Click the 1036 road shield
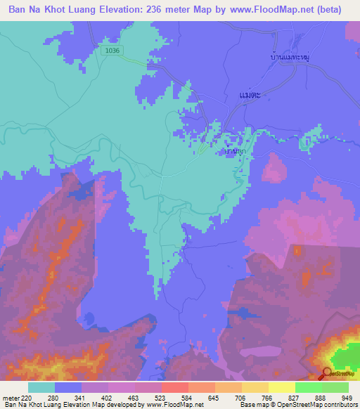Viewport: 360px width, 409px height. (110, 51)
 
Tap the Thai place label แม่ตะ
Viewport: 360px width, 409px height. (250, 93)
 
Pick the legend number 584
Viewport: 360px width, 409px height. (174, 397)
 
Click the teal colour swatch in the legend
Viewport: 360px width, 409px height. (41, 387)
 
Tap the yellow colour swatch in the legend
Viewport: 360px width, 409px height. (281, 387)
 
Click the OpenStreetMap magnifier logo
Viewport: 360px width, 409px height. (327, 373)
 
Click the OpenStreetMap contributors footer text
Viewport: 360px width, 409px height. (316, 405)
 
